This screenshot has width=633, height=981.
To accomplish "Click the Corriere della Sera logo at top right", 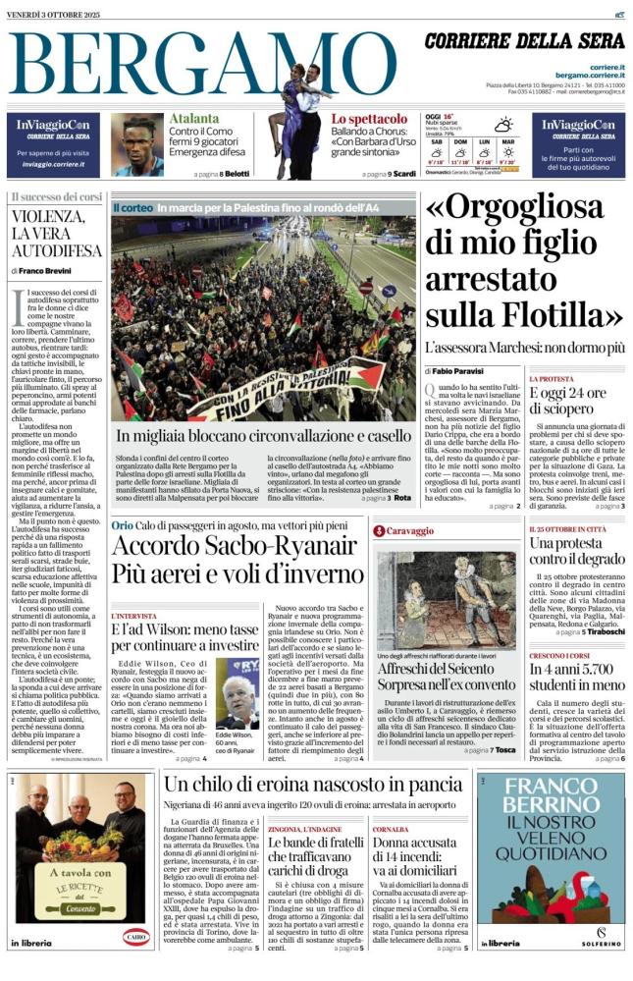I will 524,40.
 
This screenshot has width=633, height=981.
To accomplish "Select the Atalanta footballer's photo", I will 137,144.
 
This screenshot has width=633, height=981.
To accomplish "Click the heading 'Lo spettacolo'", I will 369,119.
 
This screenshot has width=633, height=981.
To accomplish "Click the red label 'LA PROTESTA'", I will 552,379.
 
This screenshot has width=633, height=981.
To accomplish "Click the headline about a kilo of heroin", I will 312,784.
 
